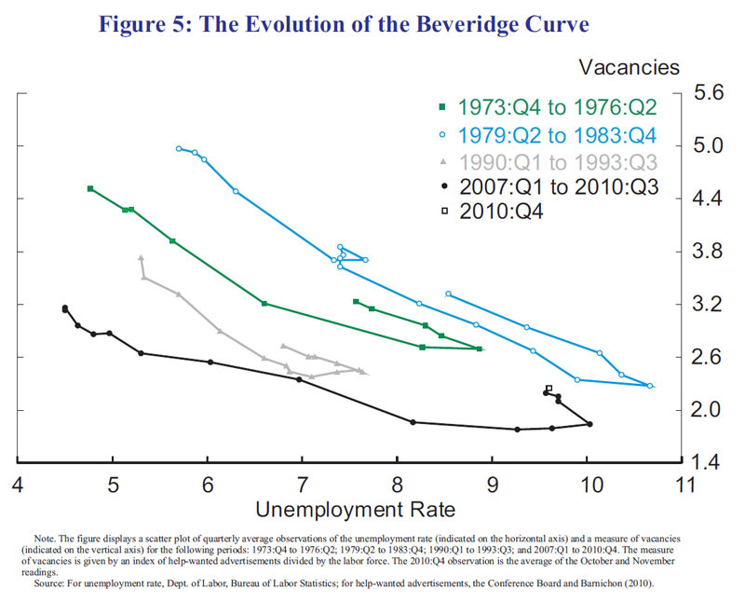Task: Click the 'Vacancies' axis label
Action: (x=630, y=67)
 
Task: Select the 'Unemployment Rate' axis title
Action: (x=355, y=510)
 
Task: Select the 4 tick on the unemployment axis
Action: (x=18, y=484)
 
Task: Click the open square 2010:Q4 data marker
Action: (x=549, y=388)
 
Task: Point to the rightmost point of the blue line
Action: (x=650, y=386)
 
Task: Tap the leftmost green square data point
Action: (x=90, y=188)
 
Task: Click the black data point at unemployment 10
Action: (x=589, y=424)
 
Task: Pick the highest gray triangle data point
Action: (x=141, y=257)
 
